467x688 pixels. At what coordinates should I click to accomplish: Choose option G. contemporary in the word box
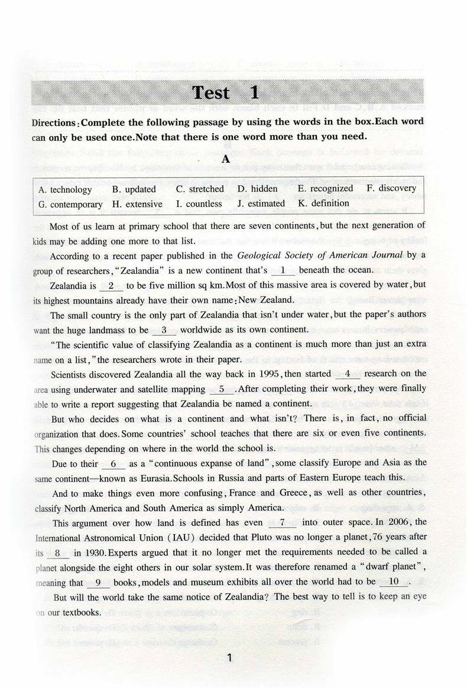(70, 204)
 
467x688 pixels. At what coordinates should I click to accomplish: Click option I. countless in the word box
(199, 204)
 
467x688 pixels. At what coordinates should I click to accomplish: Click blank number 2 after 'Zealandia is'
(111, 286)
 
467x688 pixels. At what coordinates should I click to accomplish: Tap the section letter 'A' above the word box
(225, 160)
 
